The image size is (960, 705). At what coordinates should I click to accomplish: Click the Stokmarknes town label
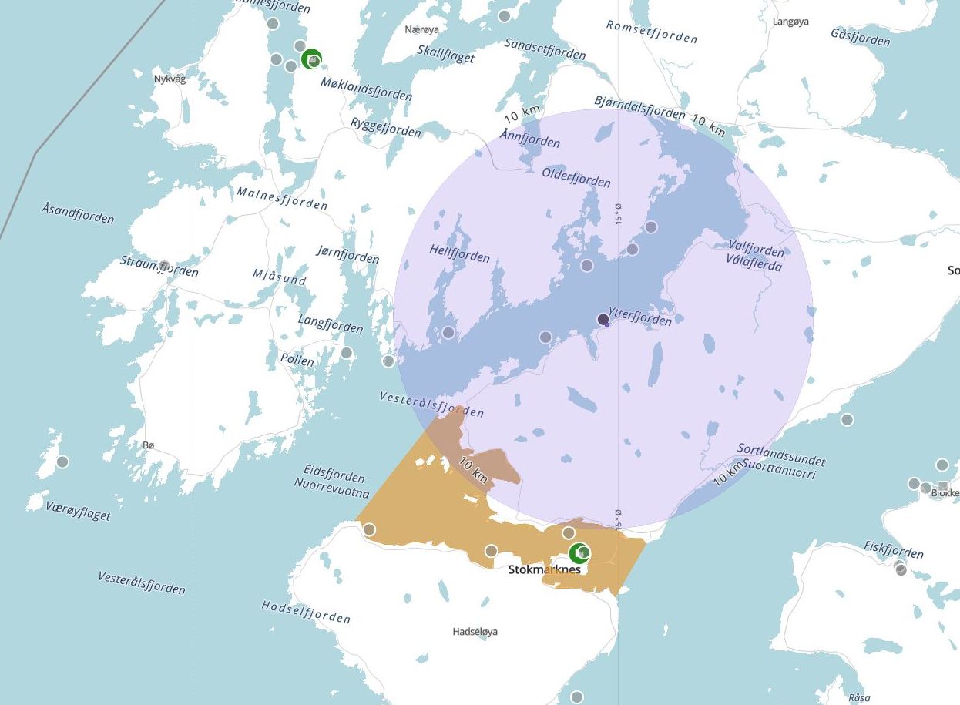(544, 570)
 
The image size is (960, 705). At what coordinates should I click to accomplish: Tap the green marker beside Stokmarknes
(579, 552)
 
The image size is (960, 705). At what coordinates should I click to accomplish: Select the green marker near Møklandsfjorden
(311, 59)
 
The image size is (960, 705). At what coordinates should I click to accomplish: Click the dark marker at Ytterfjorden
(603, 319)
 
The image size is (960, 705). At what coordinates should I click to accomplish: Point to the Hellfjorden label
(460, 254)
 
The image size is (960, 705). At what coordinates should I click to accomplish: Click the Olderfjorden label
(576, 176)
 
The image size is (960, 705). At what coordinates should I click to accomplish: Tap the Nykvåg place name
(170, 79)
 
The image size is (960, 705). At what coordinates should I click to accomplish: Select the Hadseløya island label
(475, 632)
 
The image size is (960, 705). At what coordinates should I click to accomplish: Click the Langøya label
(790, 22)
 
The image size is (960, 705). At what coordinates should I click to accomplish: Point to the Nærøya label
(421, 30)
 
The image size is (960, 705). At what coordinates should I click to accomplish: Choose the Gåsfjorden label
(861, 36)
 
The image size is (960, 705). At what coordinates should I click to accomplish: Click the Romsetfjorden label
(652, 32)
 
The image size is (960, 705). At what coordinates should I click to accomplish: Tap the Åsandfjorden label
(78, 213)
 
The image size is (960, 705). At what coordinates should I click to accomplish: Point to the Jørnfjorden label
(347, 253)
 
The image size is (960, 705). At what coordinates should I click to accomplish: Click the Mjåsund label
(279, 277)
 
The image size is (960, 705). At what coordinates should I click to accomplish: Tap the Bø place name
(149, 445)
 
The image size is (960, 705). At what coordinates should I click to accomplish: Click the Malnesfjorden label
(282, 198)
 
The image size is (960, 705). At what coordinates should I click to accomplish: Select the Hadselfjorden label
(306, 612)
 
